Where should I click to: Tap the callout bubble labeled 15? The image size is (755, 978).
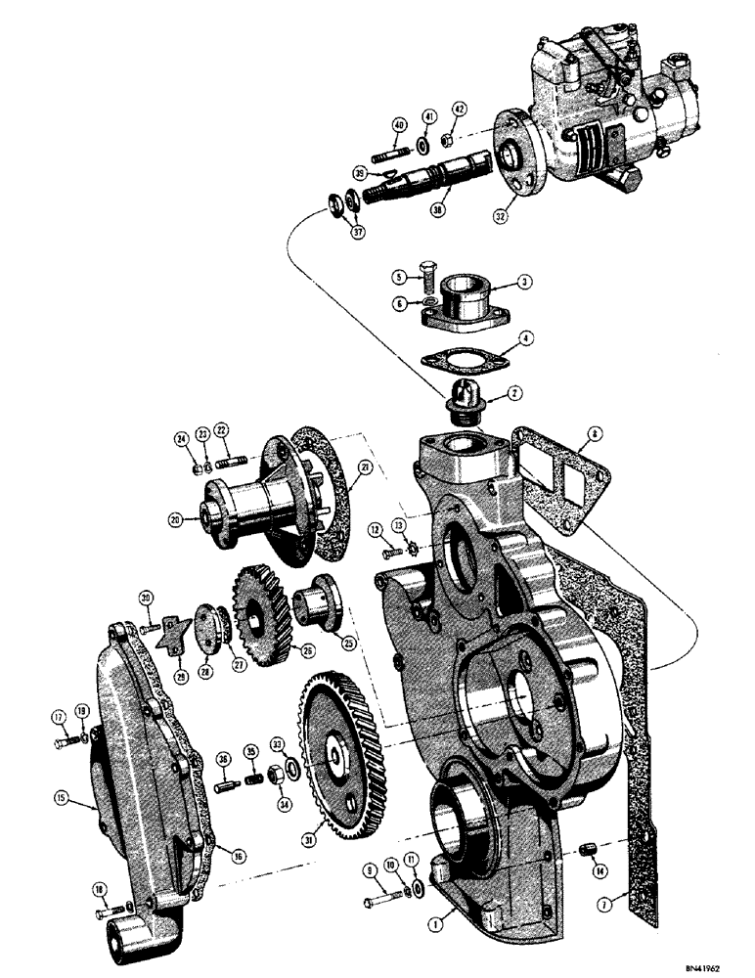[x=62, y=798]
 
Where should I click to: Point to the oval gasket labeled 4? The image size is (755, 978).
[x=468, y=361]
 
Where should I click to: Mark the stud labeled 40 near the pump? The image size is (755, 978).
[x=390, y=157]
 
